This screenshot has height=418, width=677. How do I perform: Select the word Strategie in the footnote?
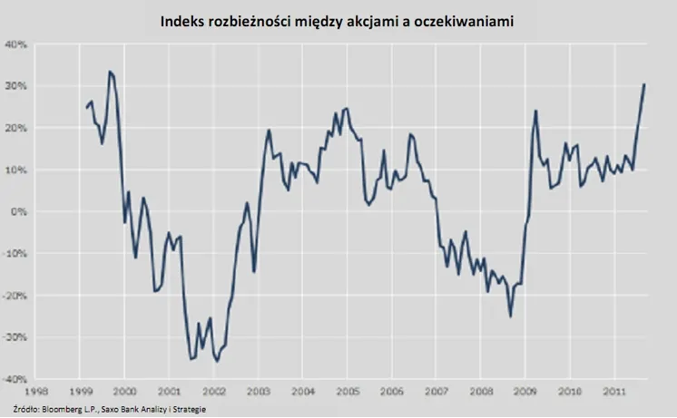(185, 410)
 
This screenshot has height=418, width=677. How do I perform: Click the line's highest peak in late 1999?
(110, 71)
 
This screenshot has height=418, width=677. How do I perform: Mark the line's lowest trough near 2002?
(217, 362)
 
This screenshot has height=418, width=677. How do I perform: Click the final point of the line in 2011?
(644, 84)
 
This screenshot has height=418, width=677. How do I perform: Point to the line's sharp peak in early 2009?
(536, 111)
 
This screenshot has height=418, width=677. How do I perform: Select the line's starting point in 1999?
(87, 108)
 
